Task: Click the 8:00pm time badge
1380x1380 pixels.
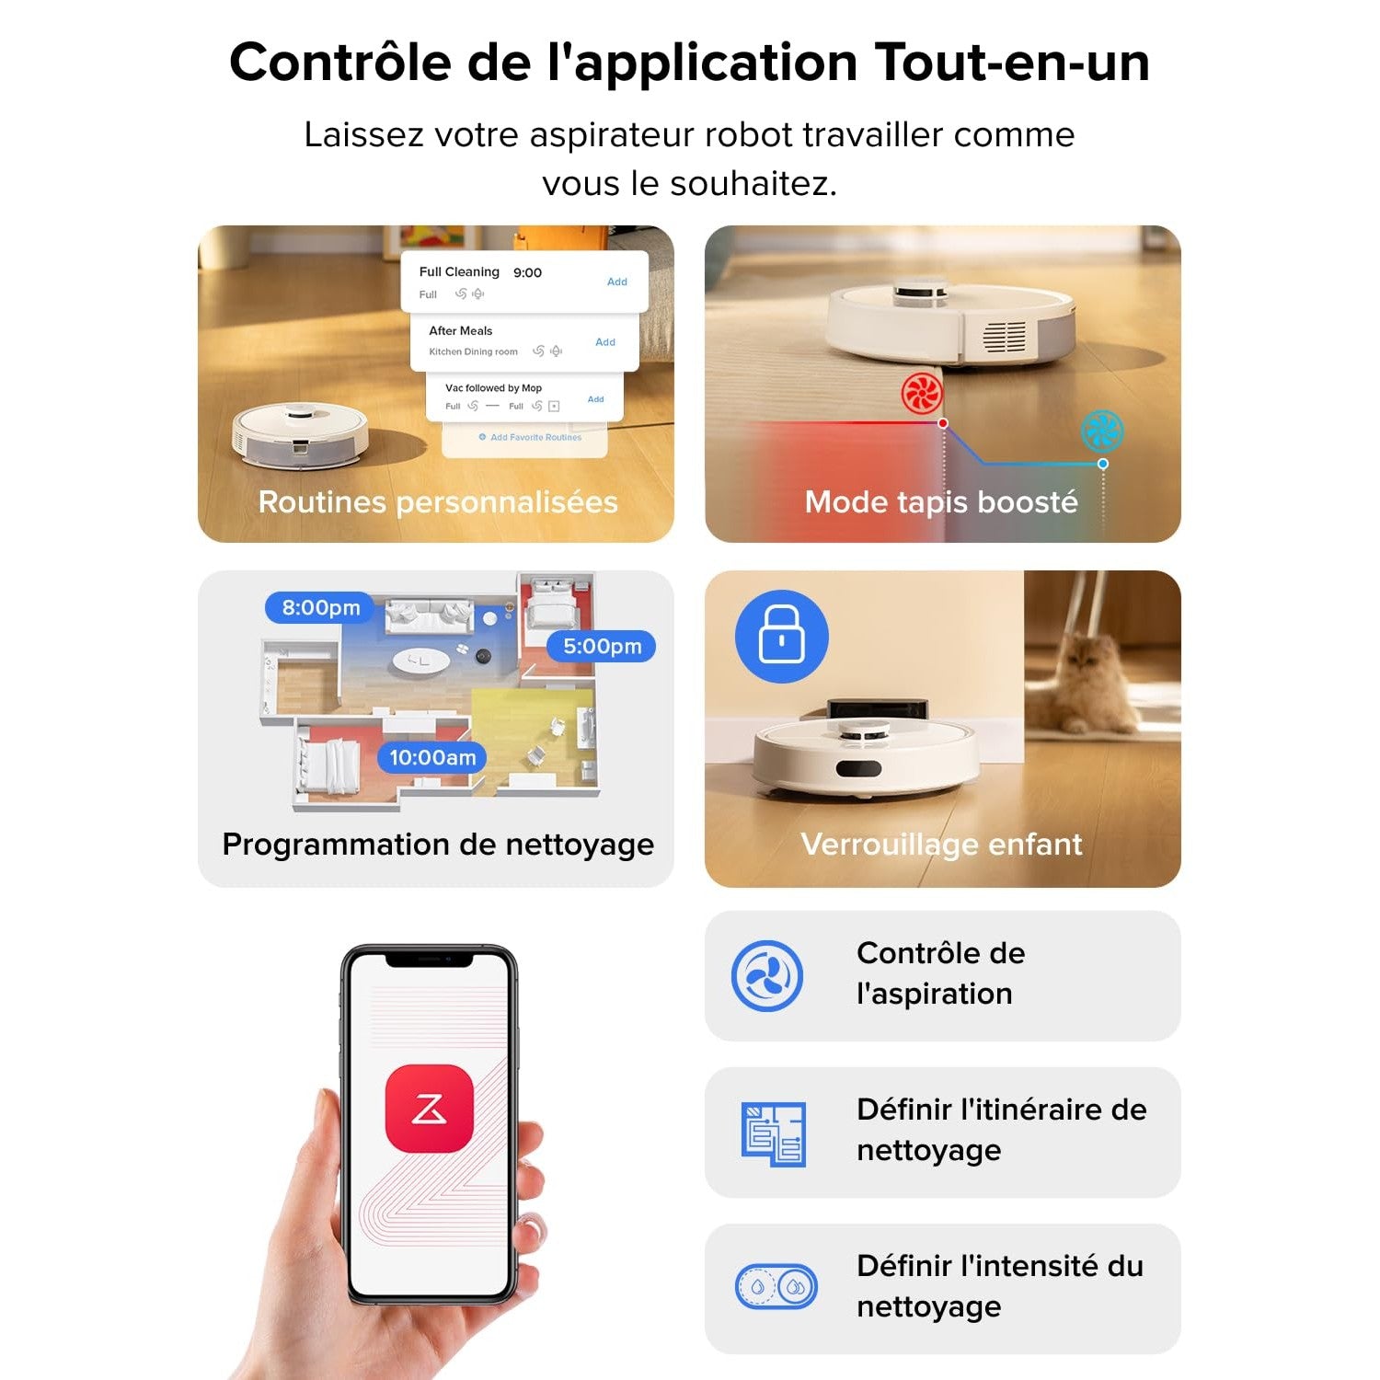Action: tap(320, 608)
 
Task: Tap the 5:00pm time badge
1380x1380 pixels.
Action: tap(602, 646)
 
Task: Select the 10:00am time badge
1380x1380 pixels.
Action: tap(432, 758)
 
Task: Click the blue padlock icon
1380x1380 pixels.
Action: tap(781, 637)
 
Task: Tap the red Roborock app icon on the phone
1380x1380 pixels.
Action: tap(429, 1109)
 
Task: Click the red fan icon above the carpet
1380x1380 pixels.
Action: tap(922, 394)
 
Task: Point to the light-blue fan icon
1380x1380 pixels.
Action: tap(1101, 431)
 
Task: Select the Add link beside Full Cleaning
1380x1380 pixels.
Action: tap(616, 282)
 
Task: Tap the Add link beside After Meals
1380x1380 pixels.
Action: tap(604, 342)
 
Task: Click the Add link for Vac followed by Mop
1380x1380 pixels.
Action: tap(595, 399)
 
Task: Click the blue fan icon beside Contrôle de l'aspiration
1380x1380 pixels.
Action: tap(766, 976)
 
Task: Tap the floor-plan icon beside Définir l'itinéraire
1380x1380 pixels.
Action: tap(773, 1133)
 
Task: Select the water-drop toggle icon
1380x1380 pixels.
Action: tap(776, 1287)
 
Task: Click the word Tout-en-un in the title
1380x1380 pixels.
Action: tap(1012, 63)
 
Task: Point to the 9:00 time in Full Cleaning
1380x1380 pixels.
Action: tap(527, 272)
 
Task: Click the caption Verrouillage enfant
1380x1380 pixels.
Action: tap(941, 845)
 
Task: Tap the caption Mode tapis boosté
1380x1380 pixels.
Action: tap(940, 502)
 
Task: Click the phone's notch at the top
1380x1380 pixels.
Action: tap(429, 960)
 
